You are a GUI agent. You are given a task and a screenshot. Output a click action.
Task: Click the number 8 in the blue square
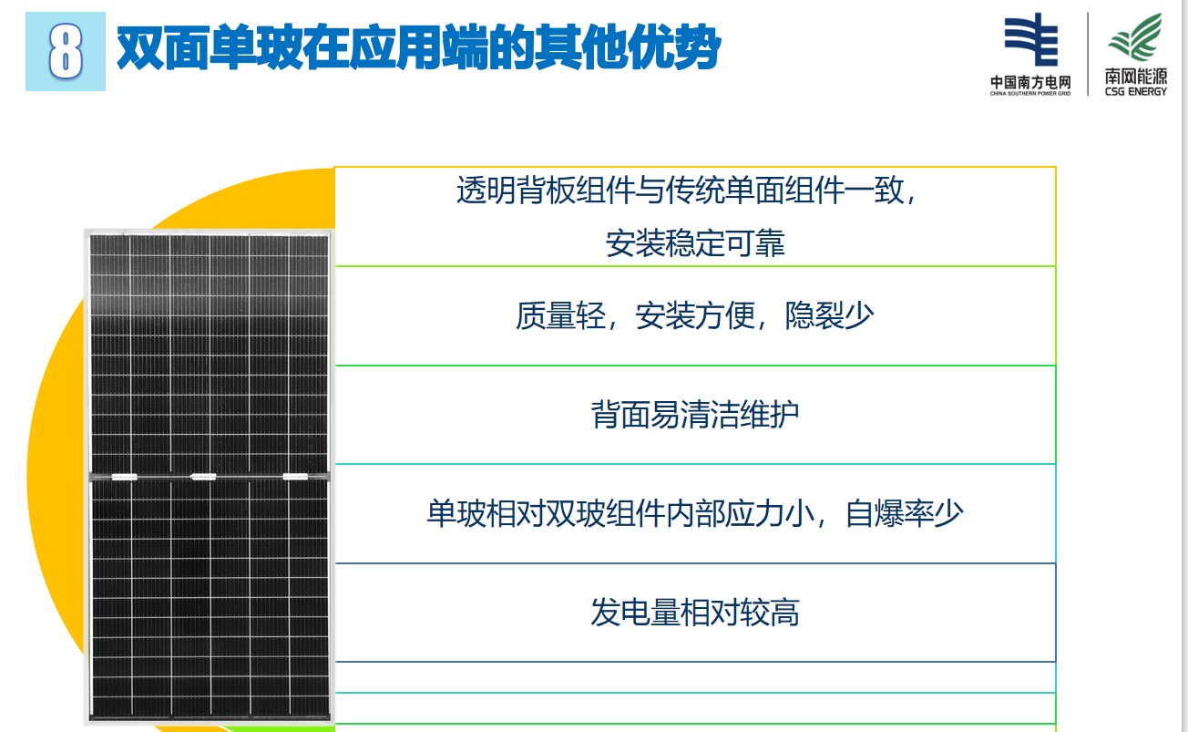pos(66,52)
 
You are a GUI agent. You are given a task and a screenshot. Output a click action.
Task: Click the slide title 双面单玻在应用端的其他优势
pos(418,47)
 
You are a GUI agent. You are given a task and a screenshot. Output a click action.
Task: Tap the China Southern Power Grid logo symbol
pos(1031,40)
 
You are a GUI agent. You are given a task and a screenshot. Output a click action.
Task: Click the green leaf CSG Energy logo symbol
pos(1135,37)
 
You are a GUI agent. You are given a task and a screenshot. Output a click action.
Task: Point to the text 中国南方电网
pos(1030,82)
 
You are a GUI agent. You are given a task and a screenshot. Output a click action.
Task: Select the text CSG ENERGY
pos(1136,92)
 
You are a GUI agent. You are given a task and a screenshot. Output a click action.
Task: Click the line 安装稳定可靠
pos(695,243)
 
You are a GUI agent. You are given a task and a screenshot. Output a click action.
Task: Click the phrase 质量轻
pos(560,315)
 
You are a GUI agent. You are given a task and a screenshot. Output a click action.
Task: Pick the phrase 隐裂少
pos(829,315)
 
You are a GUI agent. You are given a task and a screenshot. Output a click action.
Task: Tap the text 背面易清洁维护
pos(695,415)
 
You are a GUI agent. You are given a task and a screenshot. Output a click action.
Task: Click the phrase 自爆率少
pos(904,513)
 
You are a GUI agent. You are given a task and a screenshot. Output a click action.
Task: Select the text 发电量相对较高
pos(695,612)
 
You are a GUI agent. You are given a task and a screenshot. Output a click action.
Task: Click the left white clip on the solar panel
pos(124,477)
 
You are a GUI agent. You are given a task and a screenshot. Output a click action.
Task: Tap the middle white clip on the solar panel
pos(203,477)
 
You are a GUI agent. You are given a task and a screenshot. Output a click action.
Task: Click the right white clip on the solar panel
pos(295,477)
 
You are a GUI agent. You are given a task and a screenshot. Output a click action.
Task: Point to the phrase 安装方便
pos(695,315)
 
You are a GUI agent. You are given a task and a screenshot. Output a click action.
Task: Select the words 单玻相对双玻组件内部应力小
pos(620,513)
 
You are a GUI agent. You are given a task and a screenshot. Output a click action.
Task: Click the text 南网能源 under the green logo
pos(1136,77)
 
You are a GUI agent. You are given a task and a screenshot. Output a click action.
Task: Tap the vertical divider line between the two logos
pos(1088,54)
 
